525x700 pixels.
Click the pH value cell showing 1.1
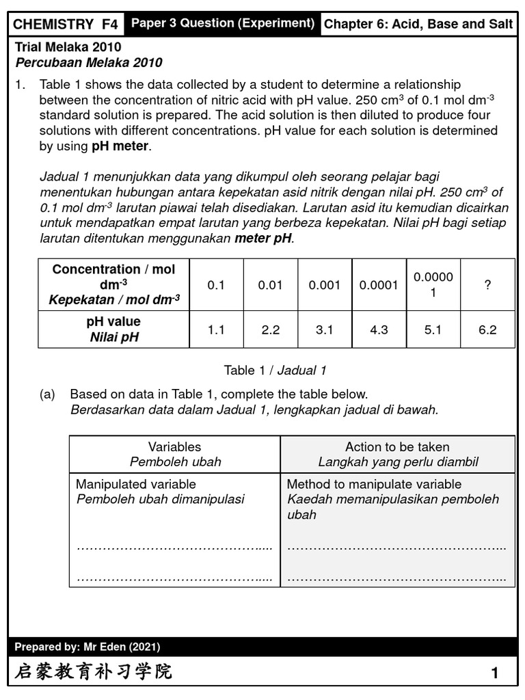point(216,329)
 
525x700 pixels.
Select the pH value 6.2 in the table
point(487,329)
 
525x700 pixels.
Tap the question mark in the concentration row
point(487,285)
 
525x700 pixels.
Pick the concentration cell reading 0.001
point(325,285)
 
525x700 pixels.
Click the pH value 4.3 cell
point(379,329)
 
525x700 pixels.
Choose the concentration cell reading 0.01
point(270,285)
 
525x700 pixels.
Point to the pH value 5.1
point(433,329)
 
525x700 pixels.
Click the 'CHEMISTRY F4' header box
point(66,25)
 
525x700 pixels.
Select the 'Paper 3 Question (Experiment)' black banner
point(223,23)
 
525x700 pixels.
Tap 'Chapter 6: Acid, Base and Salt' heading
point(418,25)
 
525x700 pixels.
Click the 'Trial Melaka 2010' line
point(68,47)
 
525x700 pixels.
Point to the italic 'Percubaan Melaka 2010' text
point(89,63)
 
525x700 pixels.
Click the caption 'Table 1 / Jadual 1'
point(275,371)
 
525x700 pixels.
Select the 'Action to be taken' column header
point(398,446)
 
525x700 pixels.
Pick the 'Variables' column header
point(175,446)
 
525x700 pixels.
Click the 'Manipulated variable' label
point(135,484)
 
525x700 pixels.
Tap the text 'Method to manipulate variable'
point(374,484)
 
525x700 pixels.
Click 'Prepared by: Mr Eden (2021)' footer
point(87,647)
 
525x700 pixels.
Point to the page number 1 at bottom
point(494,673)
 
